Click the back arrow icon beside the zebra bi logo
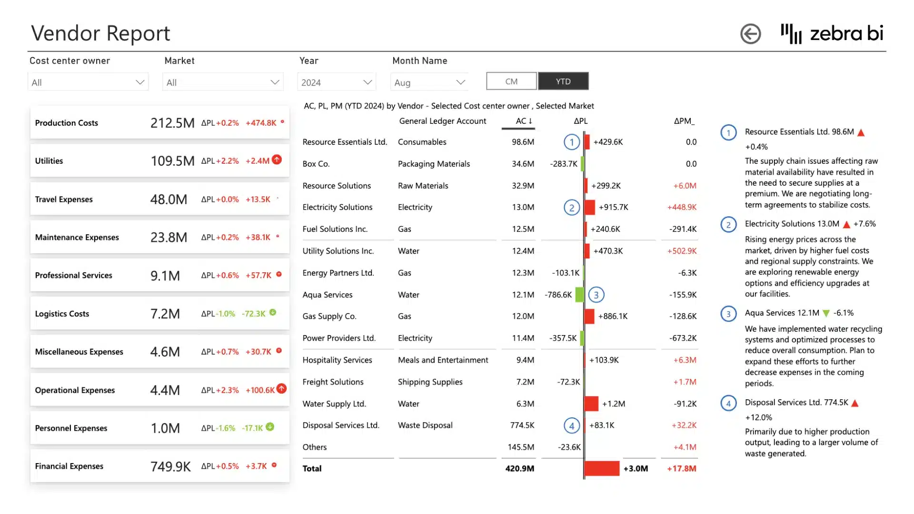pos(750,34)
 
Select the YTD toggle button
pos(563,81)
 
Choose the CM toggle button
pos(511,81)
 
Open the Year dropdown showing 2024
pos(336,82)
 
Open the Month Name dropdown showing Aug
pos(429,82)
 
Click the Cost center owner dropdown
pos(88,82)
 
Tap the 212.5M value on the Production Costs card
pos(172,123)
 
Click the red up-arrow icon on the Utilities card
pos(277,160)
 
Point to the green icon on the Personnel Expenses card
pos(270,427)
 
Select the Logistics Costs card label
pos(62,314)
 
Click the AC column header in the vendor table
pos(521,121)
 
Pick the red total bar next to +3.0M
pos(602,468)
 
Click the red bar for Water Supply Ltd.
pos(591,404)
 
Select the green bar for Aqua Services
pos(579,295)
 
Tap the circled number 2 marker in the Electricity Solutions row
pos(572,208)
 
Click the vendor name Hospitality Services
pos(337,360)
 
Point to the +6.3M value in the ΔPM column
pos(685,360)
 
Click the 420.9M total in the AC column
pos(519,469)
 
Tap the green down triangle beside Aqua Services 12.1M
pos(826,313)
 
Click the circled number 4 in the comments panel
pos(728,404)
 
